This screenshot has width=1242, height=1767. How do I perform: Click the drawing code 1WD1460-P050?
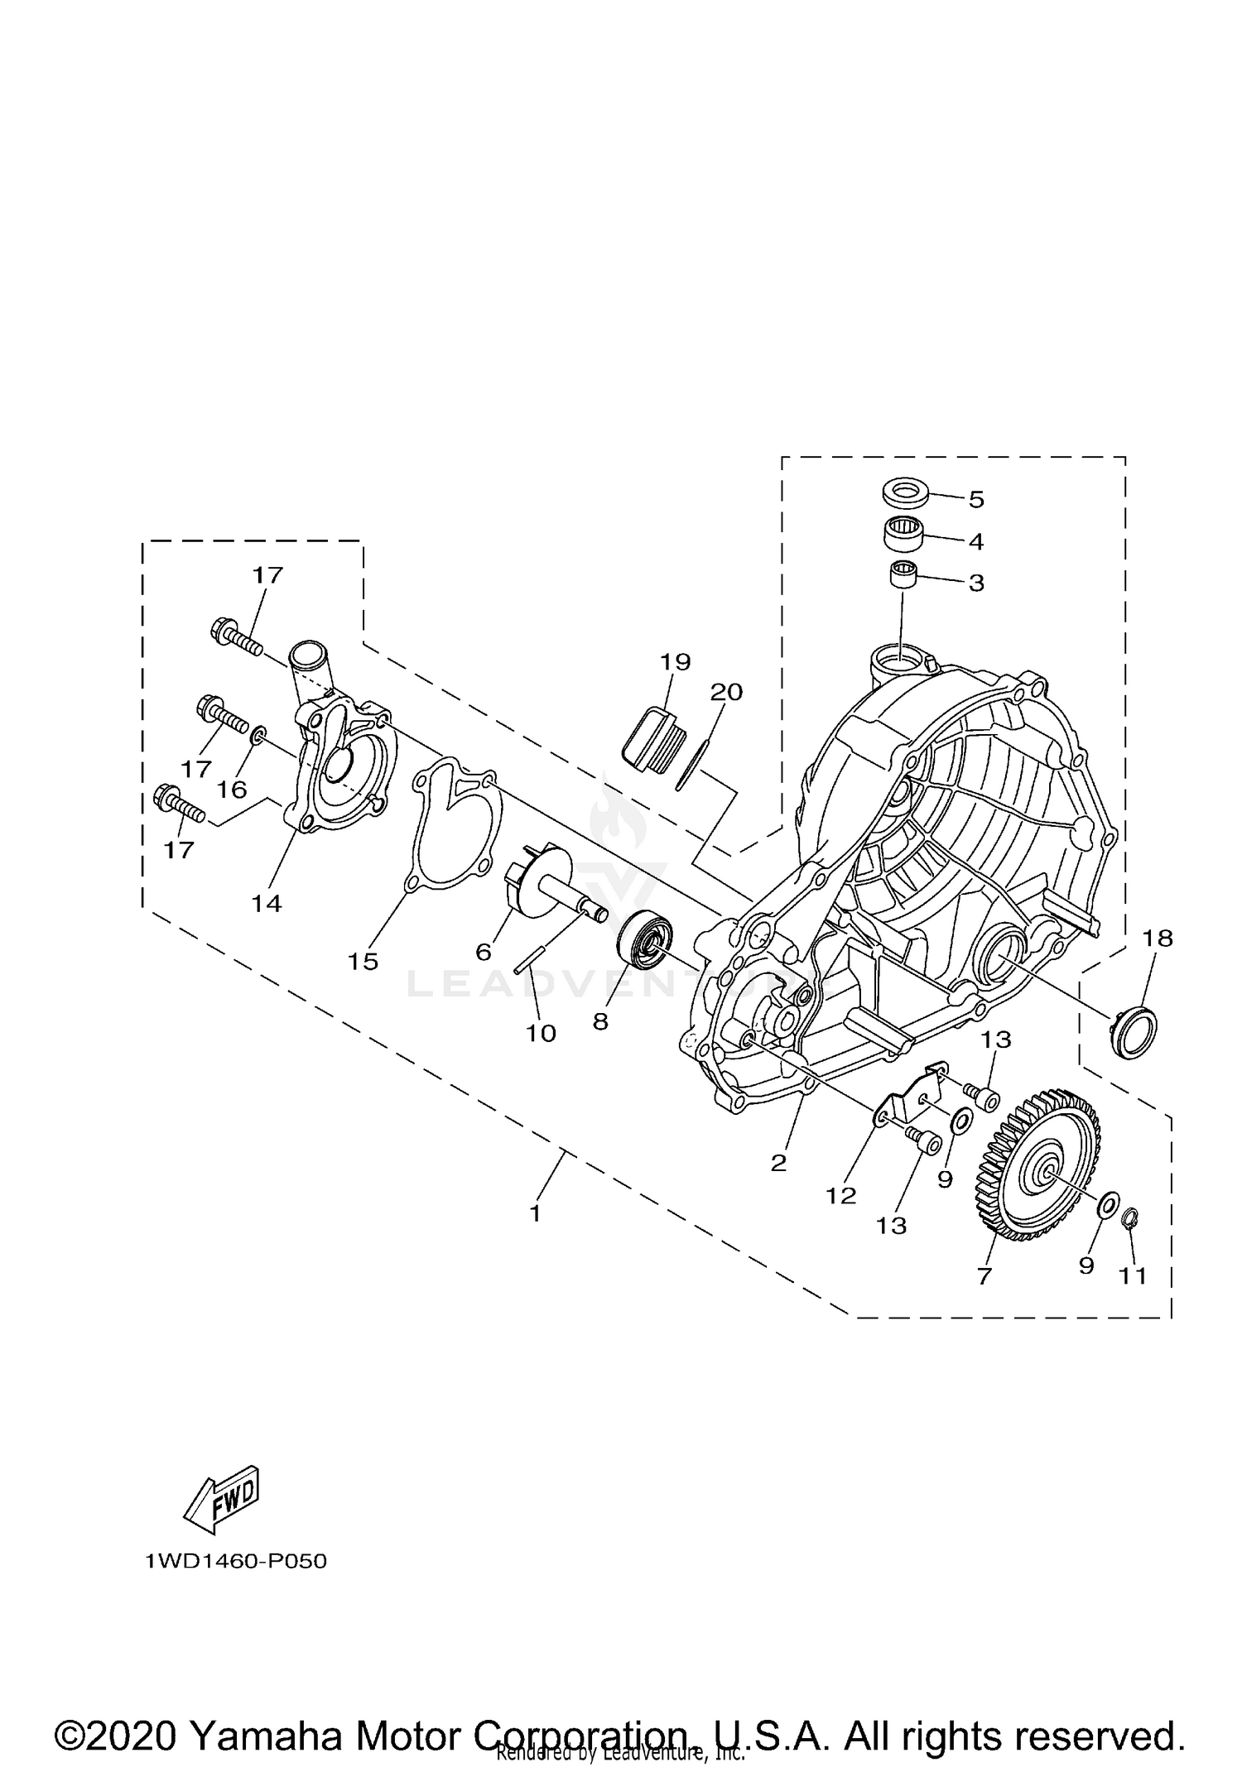(x=236, y=1562)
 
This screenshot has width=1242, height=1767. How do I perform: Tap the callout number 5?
(x=976, y=500)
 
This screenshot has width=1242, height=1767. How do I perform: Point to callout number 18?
(x=1158, y=939)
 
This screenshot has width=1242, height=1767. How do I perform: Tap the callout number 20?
(x=726, y=692)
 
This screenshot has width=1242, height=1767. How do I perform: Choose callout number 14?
(x=267, y=903)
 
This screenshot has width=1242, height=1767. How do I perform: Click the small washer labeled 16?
(x=259, y=733)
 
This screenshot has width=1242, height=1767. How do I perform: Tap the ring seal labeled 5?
(x=904, y=493)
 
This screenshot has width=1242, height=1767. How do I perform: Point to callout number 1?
(x=535, y=1213)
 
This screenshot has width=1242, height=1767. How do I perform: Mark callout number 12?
(x=841, y=1195)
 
